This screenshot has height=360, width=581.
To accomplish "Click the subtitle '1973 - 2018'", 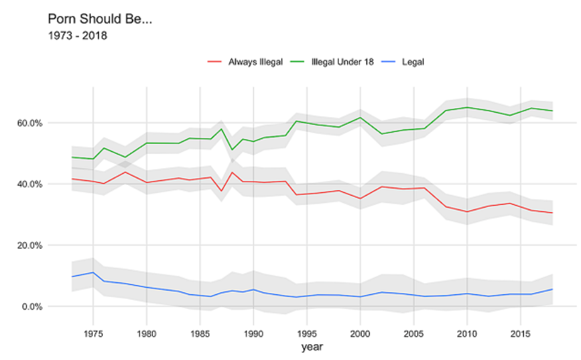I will (78, 36).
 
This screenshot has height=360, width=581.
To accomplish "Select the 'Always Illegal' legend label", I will (255, 62).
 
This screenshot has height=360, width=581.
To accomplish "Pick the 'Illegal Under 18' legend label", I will (342, 62).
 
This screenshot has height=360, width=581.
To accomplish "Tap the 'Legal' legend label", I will (413, 62).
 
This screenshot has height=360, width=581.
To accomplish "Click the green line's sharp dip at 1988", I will (232, 150).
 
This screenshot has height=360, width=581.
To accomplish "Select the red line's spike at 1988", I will (232, 172).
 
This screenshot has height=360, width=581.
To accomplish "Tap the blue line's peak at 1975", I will (93, 272).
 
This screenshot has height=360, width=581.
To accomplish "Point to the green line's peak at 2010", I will (468, 107).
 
